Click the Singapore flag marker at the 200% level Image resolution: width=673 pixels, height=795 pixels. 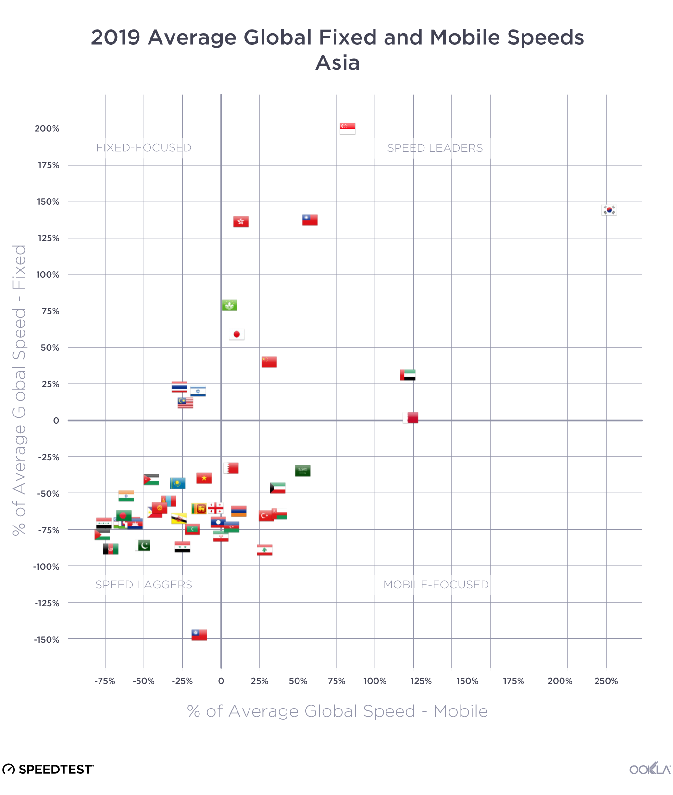pyautogui.click(x=348, y=128)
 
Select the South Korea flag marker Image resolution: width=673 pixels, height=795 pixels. pyautogui.click(x=609, y=210)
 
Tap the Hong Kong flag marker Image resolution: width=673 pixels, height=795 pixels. pyautogui.click(x=241, y=221)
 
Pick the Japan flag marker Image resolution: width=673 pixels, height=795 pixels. pyautogui.click(x=237, y=334)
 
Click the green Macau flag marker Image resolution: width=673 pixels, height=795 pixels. pyautogui.click(x=229, y=305)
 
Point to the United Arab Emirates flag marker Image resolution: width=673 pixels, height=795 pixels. pyautogui.click(x=408, y=375)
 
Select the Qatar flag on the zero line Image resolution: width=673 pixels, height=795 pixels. pyautogui.click(x=411, y=417)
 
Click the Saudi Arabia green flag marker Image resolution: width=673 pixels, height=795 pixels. pyautogui.click(x=302, y=471)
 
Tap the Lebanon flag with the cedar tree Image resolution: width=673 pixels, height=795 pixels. pyautogui.click(x=264, y=550)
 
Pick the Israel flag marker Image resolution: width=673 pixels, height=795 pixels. pyautogui.click(x=198, y=391)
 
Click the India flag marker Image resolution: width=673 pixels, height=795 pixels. pyautogui.click(x=126, y=496)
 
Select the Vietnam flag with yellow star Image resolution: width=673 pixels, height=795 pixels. pyautogui.click(x=204, y=478)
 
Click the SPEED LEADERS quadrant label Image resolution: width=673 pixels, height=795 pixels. pyautogui.click(x=435, y=148)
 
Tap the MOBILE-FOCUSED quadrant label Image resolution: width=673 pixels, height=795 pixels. pyautogui.click(x=436, y=585)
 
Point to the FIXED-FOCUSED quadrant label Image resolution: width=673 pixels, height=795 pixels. pyautogui.click(x=144, y=147)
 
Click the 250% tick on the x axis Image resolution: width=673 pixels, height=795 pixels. pyautogui.click(x=606, y=681)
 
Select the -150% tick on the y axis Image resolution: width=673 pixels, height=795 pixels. pyautogui.click(x=47, y=639)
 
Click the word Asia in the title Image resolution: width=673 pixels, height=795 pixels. pyautogui.click(x=337, y=63)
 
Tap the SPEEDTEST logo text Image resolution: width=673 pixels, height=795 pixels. pyautogui.click(x=55, y=770)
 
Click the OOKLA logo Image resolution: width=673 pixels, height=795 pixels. pyautogui.click(x=649, y=769)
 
